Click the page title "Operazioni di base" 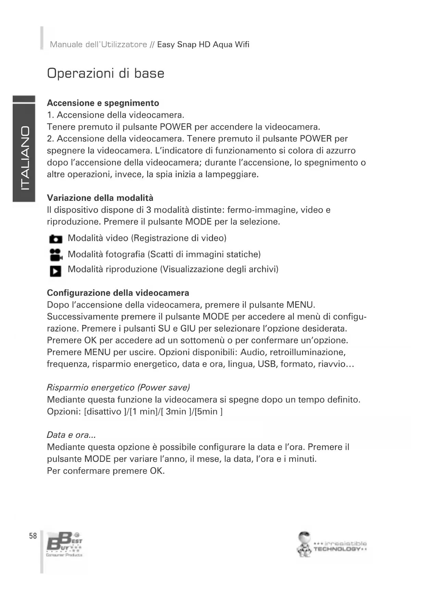tap(105, 74)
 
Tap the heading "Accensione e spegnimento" tap(103, 103)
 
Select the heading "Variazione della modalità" tap(100, 198)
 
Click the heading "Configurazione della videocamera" tap(118, 293)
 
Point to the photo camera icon tap(56, 239)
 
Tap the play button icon tap(55, 271)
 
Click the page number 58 tap(33, 536)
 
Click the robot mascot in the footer tap(304, 544)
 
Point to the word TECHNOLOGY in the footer tap(337, 549)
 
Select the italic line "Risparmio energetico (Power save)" tap(118, 388)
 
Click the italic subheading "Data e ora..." tap(71, 435)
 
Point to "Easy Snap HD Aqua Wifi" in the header tap(203, 45)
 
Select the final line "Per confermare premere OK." tap(106, 471)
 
